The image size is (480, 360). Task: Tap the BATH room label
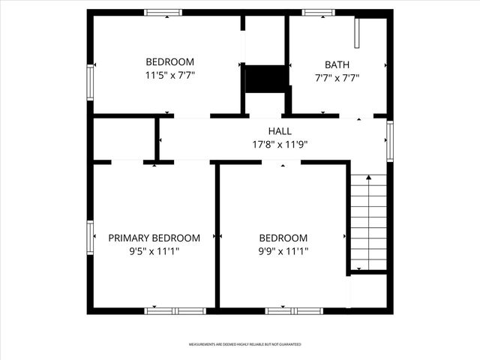coord(337,65)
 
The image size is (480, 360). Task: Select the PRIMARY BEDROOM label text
coord(154,238)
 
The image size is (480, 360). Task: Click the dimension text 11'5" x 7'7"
coord(169,76)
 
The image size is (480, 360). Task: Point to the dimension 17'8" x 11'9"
coord(280,145)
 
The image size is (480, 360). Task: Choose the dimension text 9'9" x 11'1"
coord(283,252)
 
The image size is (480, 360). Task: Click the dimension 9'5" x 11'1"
coord(154,252)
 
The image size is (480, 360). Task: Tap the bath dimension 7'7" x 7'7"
coord(337,78)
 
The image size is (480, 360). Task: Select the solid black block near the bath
coord(266,78)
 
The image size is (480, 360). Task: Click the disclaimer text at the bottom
coord(244,344)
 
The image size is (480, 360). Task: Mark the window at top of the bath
coord(319,12)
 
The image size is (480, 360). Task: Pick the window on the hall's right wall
coord(390,140)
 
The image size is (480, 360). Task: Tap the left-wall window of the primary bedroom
coord(90,238)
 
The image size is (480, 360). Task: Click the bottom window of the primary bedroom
coord(175,310)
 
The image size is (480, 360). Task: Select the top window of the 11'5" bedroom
coord(163,12)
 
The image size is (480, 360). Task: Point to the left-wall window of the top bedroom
coord(90,82)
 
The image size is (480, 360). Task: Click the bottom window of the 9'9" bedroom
coord(294,310)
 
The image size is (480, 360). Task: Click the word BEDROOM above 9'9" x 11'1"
coord(283,238)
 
